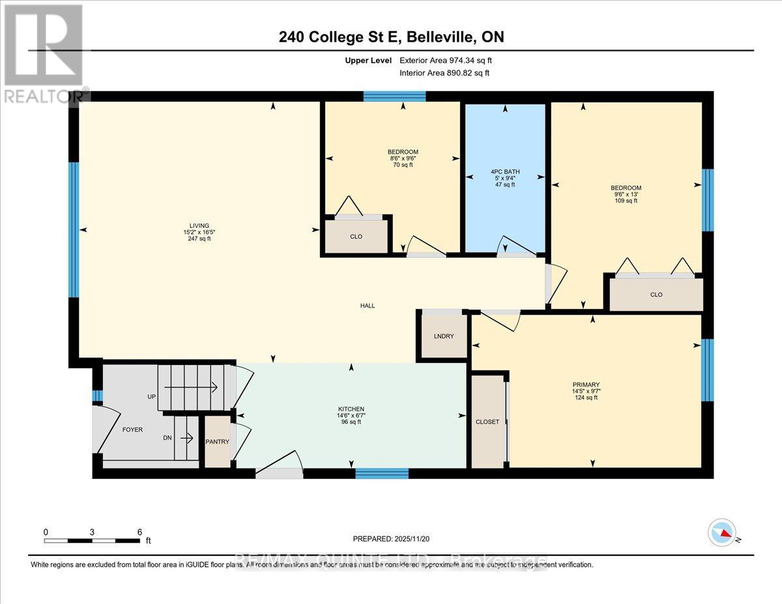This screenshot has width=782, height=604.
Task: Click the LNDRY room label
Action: click(x=444, y=336)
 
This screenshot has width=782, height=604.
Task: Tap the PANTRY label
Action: click(x=217, y=442)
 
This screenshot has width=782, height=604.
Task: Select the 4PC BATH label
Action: click(x=505, y=172)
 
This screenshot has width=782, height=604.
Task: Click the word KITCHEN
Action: click(x=351, y=409)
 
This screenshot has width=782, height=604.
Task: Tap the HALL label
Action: click(x=368, y=306)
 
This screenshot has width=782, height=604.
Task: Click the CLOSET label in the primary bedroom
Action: click(x=487, y=422)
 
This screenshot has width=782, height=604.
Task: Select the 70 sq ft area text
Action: click(x=403, y=165)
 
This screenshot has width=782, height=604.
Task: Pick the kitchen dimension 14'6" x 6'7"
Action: click(x=351, y=416)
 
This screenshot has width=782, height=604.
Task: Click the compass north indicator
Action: click(x=722, y=532)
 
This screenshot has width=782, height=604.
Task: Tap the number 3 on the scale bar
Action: click(x=93, y=532)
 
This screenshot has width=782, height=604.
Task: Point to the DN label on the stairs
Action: click(x=167, y=438)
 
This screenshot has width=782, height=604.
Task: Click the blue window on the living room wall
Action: click(x=74, y=229)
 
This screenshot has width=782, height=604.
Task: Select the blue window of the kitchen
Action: click(x=382, y=473)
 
